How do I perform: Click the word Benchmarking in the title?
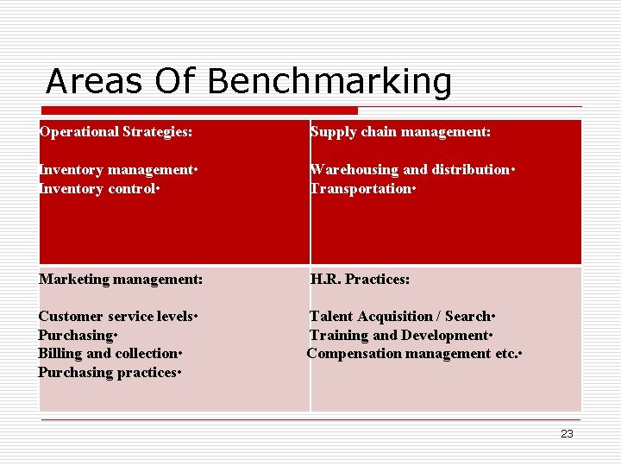(x=329, y=82)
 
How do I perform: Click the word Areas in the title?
(x=92, y=82)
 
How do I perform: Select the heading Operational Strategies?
(x=116, y=132)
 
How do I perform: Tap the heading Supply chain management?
(x=400, y=132)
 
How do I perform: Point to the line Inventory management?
(x=118, y=170)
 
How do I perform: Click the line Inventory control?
(x=103, y=189)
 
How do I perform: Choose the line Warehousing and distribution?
(x=411, y=170)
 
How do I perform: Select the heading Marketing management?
(x=121, y=280)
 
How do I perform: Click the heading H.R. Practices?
(x=360, y=280)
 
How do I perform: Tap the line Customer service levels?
(x=118, y=317)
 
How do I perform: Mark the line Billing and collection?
(x=110, y=354)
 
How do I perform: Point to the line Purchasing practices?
(x=110, y=373)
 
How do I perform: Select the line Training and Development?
(x=400, y=336)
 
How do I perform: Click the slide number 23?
(x=567, y=434)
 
